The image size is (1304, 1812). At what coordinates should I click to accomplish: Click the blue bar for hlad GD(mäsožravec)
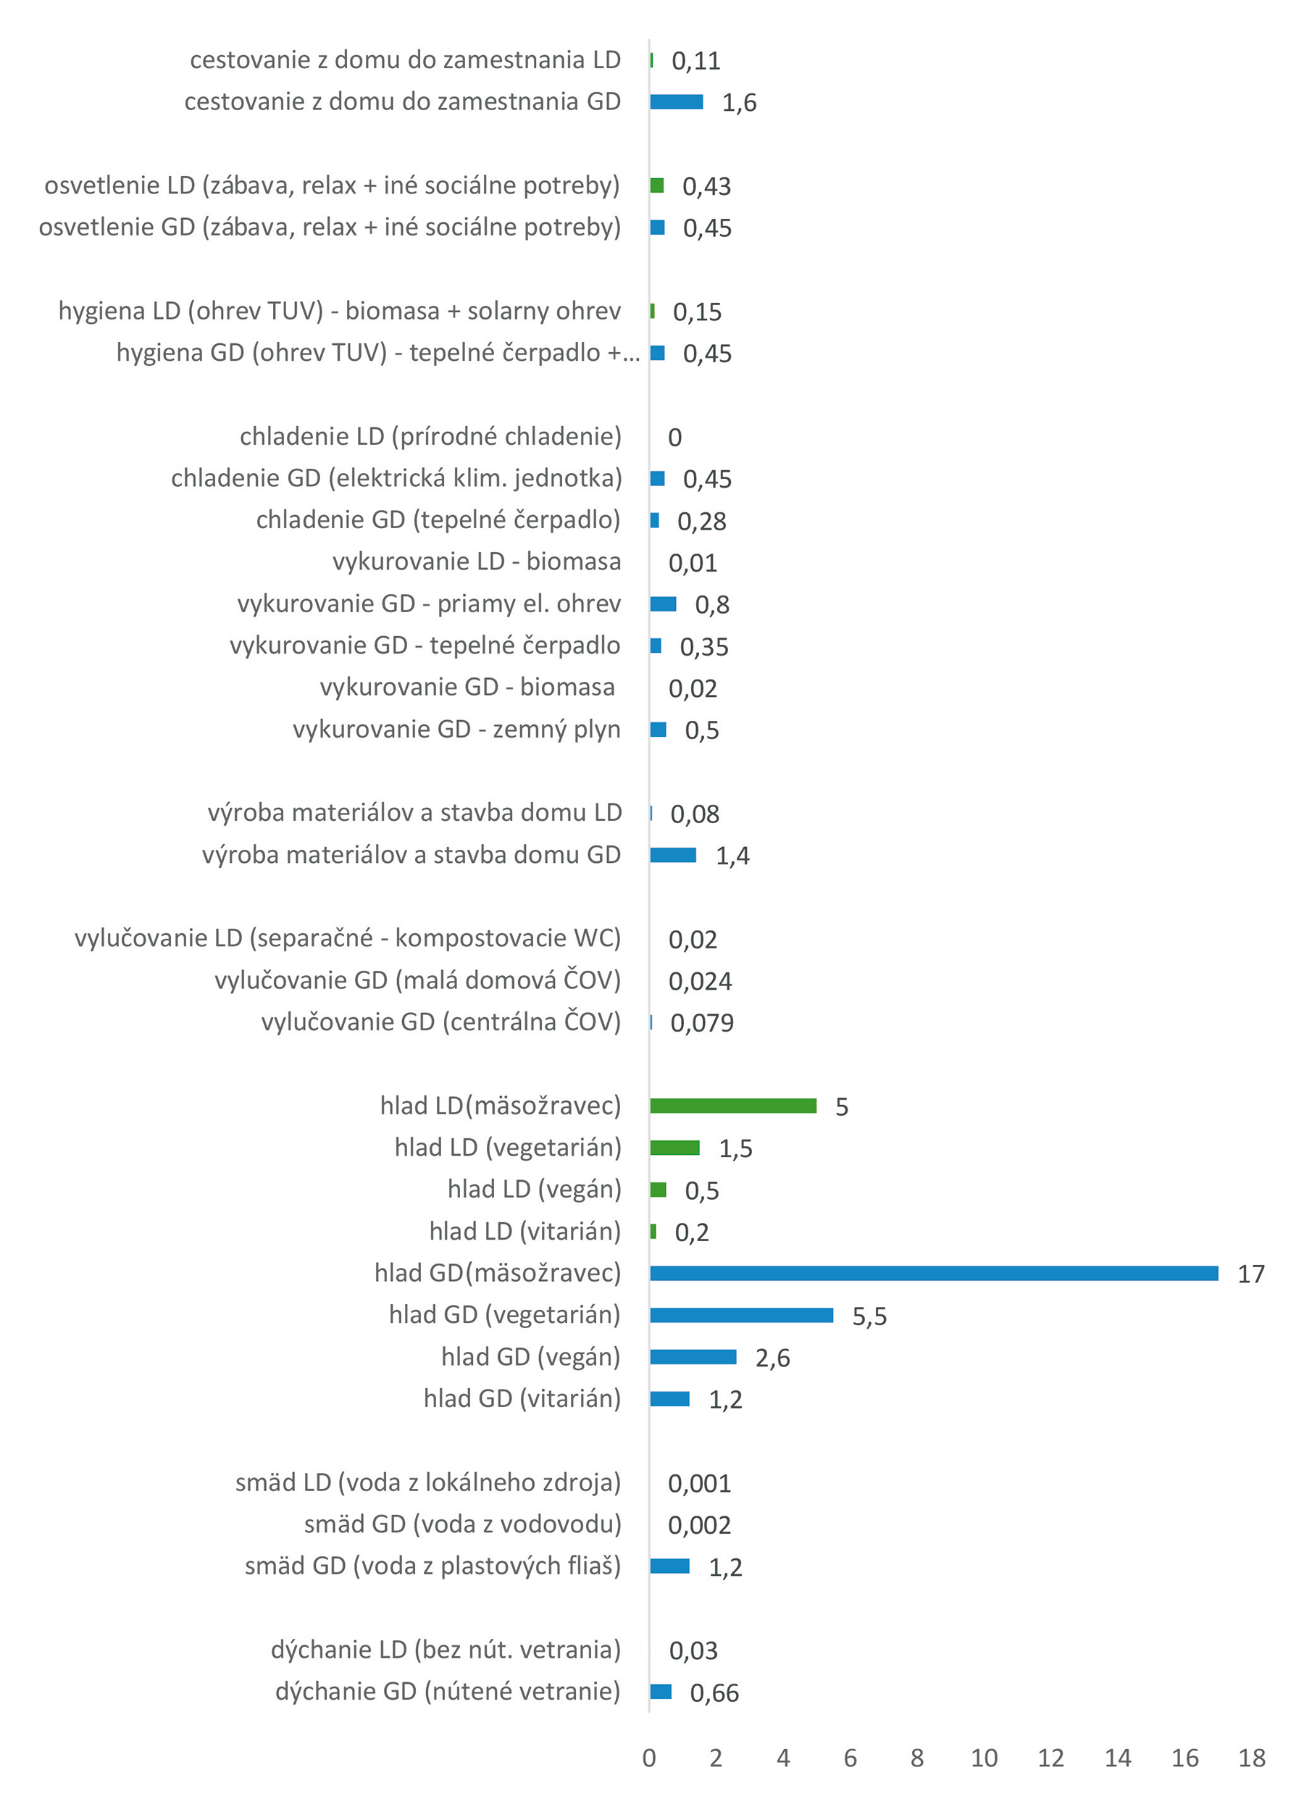(933, 1273)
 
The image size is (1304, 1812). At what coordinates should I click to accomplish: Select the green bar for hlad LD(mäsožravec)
(732, 1106)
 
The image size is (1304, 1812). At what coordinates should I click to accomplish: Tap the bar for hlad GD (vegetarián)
(742, 1315)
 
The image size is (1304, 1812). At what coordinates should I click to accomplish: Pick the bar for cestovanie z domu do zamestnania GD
(676, 101)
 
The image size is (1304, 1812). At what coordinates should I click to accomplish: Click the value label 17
(1250, 1274)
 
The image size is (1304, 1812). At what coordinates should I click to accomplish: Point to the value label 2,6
(772, 1358)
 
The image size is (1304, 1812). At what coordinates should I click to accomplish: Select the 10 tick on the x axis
(984, 1758)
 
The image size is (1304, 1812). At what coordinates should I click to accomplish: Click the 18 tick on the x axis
(1251, 1758)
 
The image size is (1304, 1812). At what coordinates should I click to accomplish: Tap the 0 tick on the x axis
(649, 1758)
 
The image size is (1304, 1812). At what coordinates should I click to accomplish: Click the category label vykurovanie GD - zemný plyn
(456, 729)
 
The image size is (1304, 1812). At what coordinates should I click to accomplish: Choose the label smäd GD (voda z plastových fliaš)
(432, 1565)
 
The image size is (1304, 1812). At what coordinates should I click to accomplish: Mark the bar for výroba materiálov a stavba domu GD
(673, 855)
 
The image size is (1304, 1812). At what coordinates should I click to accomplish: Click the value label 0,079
(701, 1022)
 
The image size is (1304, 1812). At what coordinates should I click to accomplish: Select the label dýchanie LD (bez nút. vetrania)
(445, 1649)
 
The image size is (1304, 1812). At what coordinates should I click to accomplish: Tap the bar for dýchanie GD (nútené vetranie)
(660, 1691)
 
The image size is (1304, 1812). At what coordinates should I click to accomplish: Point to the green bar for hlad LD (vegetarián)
(674, 1148)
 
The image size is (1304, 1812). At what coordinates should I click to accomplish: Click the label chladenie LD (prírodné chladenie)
(430, 436)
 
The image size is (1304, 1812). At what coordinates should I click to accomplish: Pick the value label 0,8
(711, 604)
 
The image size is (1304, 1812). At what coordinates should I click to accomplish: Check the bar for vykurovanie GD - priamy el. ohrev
(662, 604)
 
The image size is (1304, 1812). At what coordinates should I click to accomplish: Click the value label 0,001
(699, 1483)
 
